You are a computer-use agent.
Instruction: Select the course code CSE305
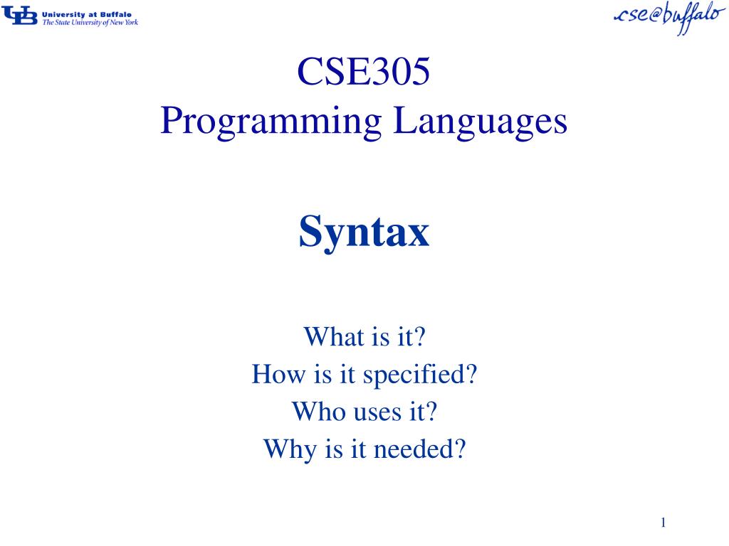[364, 73]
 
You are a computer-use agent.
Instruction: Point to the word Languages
[482, 122]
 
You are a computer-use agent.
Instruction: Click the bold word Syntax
[364, 232]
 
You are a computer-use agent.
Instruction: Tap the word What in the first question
[324, 336]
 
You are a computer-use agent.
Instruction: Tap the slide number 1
[663, 523]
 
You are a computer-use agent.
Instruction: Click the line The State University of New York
[90, 23]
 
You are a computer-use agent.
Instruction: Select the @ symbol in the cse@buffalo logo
[651, 16]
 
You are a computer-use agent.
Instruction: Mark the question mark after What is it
[419, 336]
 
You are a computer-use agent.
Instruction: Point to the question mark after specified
[470, 374]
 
